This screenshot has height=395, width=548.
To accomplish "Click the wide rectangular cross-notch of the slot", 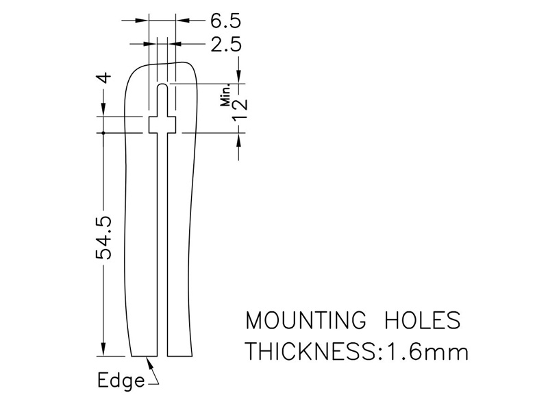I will click(x=162, y=125).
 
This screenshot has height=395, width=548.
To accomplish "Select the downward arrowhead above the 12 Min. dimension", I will click(x=240, y=77).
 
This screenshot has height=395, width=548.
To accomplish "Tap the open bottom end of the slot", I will click(x=162, y=355).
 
